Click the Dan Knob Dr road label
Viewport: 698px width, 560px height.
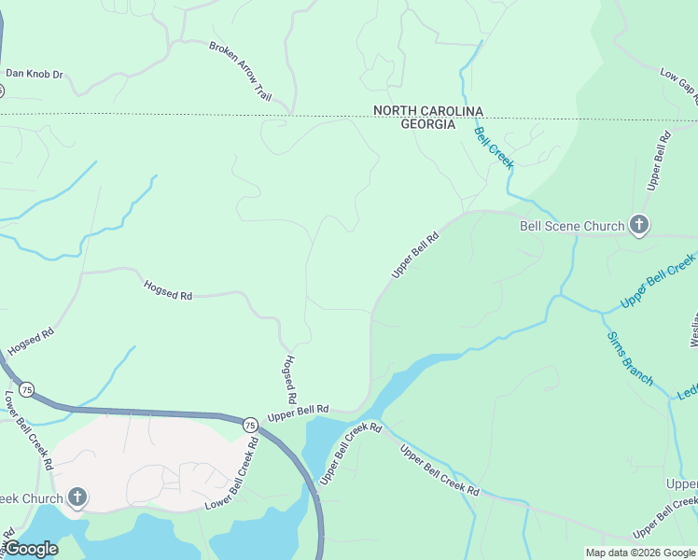[34, 73]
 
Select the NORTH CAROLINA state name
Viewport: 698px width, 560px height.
[427, 110]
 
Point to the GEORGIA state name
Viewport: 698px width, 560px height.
[427, 124]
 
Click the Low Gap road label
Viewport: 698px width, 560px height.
[678, 83]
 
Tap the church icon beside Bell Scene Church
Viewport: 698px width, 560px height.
[638, 225]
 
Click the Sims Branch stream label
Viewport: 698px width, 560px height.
[630, 357]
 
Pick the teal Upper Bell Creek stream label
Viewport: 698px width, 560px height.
[659, 282]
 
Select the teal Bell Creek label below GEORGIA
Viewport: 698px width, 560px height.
[494, 147]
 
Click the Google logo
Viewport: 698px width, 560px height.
[30, 549]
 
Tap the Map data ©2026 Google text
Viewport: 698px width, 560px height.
[640, 553]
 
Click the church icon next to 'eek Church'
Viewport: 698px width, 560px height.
[77, 497]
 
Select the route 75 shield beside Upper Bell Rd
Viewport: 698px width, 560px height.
[250, 424]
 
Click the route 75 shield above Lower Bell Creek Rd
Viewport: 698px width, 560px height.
[28, 389]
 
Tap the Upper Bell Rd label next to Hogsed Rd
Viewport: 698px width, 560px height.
[299, 410]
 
